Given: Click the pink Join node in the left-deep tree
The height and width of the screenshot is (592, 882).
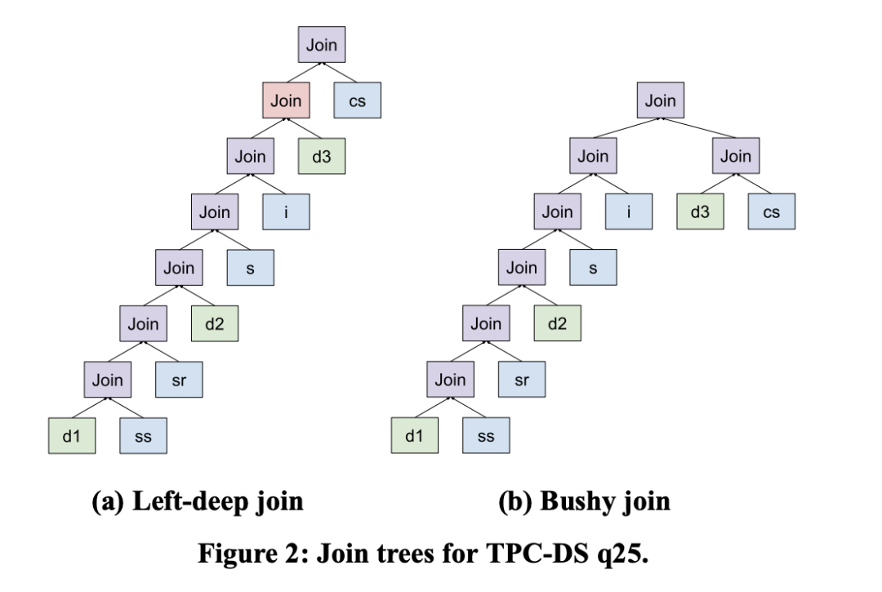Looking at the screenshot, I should [286, 102].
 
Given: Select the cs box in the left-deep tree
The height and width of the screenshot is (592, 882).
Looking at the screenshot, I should [358, 102].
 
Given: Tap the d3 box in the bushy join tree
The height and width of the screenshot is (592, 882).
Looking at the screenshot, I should [700, 212].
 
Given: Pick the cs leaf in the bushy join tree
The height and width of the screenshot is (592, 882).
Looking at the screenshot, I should [771, 212].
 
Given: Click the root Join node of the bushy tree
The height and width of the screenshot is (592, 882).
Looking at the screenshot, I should [661, 102].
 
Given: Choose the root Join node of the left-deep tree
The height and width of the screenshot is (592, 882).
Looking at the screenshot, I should [322, 46].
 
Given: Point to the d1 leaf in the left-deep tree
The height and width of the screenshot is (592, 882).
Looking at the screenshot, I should [72, 436].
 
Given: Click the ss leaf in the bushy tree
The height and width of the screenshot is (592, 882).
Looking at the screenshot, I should [486, 436].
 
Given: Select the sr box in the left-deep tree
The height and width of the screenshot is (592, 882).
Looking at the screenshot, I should [179, 381].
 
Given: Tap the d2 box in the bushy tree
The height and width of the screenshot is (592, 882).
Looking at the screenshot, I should [557, 324].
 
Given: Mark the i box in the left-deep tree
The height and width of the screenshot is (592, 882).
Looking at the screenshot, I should [286, 212].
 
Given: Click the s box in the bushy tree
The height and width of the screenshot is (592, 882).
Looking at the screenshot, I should [593, 269].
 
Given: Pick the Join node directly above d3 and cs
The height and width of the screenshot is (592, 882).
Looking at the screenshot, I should [735, 157].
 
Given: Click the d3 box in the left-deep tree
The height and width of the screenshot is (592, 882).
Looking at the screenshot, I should [322, 157].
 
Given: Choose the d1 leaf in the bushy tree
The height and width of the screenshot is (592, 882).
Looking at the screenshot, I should [415, 436].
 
